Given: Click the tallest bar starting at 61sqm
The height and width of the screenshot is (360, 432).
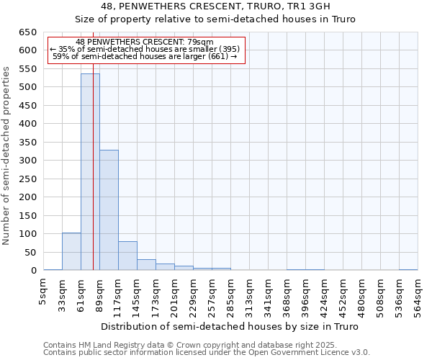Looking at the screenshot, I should tap(90, 172).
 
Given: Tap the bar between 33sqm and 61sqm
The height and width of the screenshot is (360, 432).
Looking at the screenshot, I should tap(71, 251).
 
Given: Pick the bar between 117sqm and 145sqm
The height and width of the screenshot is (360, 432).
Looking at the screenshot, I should tap(127, 256).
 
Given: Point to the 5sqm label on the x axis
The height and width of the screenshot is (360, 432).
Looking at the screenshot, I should tap(44, 292).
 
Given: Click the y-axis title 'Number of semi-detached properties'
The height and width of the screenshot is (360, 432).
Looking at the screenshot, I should tap(7, 156).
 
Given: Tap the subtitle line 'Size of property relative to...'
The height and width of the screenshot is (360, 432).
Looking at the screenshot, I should tap(216, 19).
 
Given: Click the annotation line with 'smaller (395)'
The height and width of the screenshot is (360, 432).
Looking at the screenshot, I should tap(145, 49).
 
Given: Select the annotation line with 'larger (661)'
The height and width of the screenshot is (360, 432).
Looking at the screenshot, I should tap(145, 55).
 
